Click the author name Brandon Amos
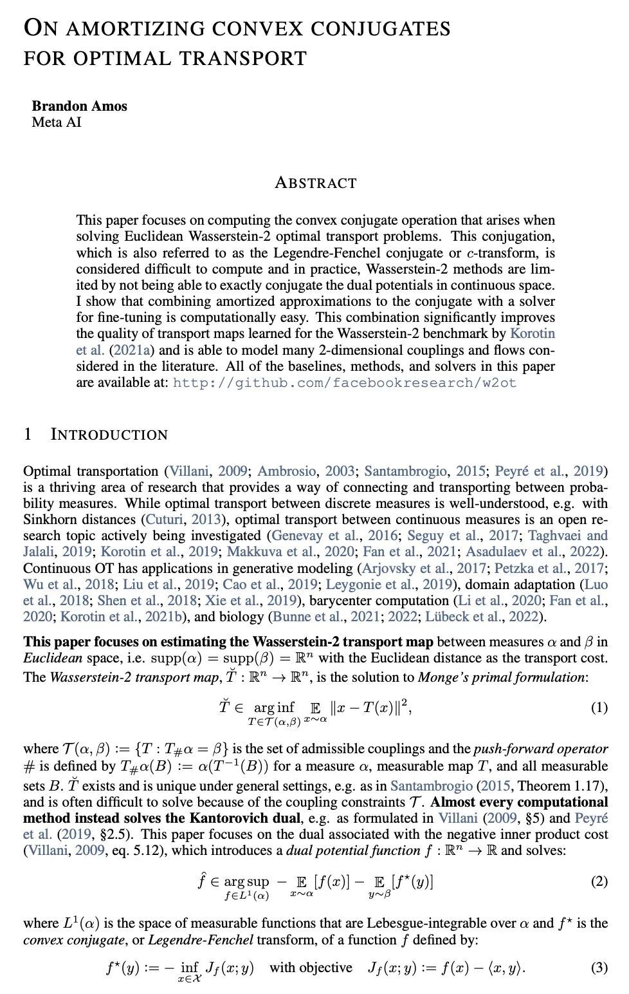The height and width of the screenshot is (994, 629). click(x=79, y=106)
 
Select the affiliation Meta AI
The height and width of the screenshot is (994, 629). click(x=57, y=122)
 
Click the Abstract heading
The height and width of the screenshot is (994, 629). click(x=315, y=183)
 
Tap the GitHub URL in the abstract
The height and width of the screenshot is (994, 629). click(x=345, y=383)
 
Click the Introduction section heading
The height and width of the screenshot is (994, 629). click(x=109, y=435)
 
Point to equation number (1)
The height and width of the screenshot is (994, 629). click(x=598, y=708)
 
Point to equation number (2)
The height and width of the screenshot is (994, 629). click(x=598, y=881)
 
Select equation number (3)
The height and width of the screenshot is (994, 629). click(x=598, y=967)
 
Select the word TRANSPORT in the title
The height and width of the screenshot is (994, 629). click(x=243, y=59)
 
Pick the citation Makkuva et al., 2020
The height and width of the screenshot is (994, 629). click(x=290, y=552)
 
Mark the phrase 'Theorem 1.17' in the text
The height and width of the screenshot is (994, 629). click(x=560, y=785)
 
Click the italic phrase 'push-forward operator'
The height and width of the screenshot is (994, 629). click(x=540, y=749)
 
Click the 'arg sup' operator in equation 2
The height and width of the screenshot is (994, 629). click(x=246, y=881)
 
